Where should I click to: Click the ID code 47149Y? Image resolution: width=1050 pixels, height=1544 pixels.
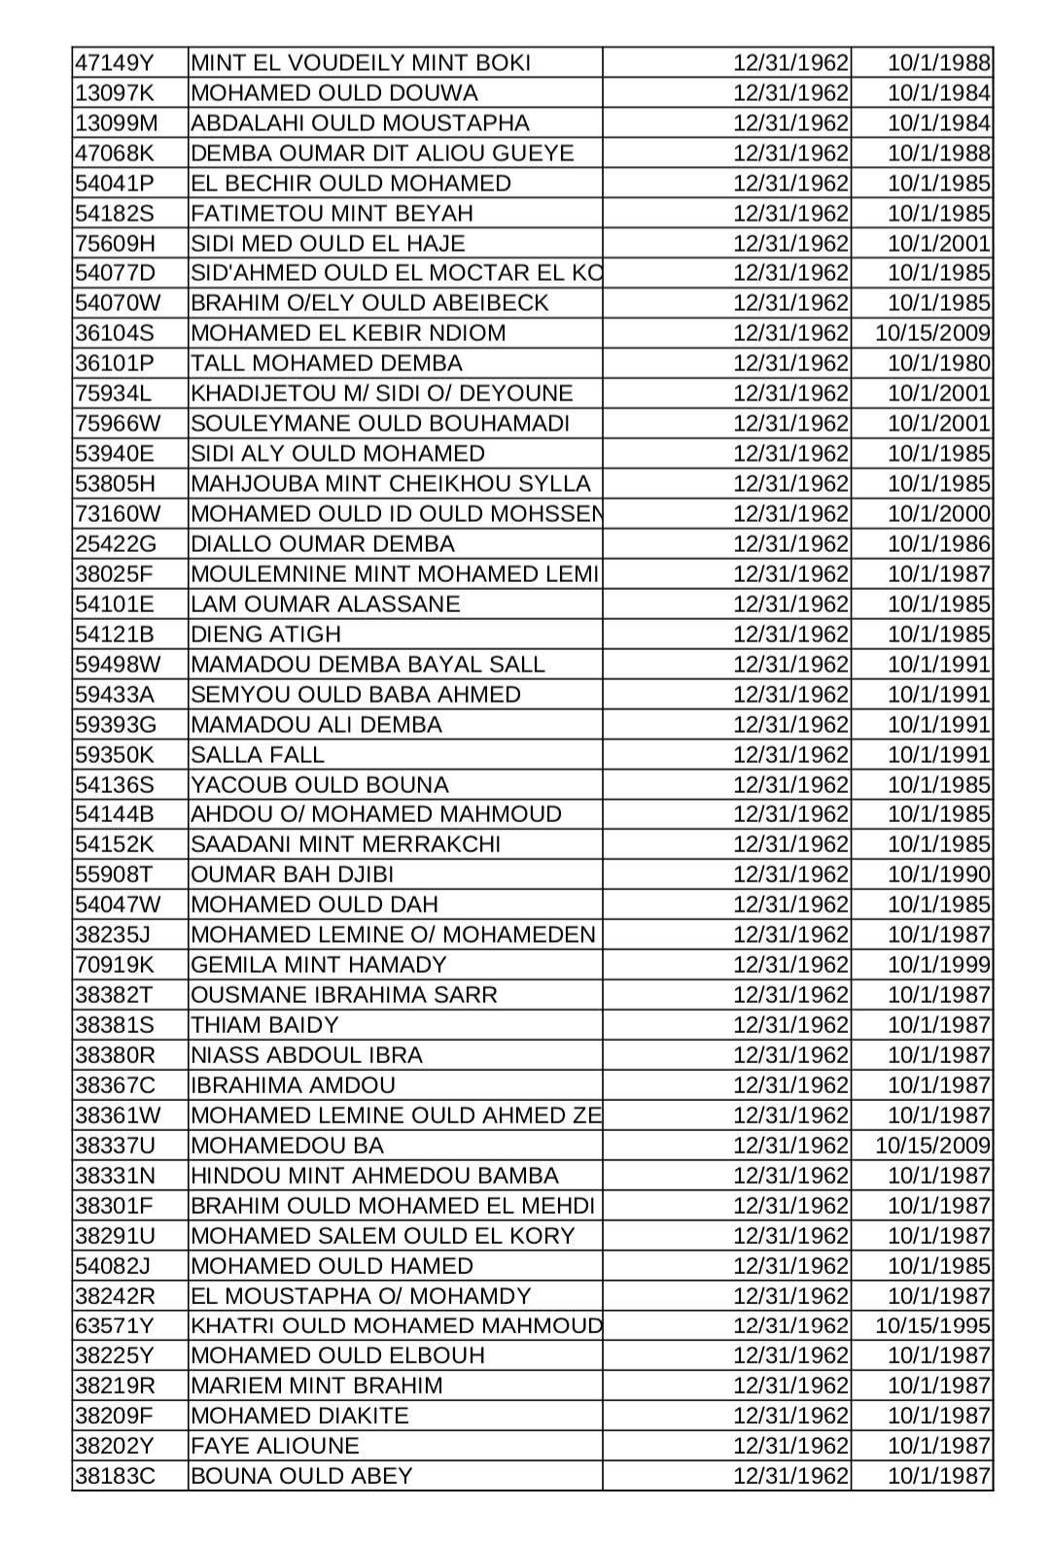click(115, 63)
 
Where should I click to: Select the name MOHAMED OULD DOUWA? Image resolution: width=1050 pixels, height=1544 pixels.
click(334, 93)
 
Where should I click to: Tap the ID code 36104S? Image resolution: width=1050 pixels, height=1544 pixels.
click(115, 333)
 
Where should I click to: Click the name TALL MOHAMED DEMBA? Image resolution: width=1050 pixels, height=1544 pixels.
click(327, 363)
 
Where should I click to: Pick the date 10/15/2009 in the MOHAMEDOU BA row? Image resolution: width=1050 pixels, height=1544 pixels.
click(932, 1146)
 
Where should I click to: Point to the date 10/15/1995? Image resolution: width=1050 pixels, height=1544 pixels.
click(932, 1326)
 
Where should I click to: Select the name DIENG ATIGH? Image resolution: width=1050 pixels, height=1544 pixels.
click(266, 635)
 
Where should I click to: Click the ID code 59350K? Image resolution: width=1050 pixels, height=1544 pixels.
click(115, 755)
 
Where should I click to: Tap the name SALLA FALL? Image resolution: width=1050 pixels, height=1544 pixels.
click(258, 755)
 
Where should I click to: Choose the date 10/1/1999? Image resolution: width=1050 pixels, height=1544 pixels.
click(938, 965)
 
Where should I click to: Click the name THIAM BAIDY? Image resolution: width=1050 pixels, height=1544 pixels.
click(264, 1025)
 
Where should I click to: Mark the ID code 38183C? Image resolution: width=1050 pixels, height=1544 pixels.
click(115, 1476)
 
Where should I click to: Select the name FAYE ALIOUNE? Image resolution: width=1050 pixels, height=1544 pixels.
click(275, 1446)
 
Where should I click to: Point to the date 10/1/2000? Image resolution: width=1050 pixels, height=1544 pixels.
click(938, 514)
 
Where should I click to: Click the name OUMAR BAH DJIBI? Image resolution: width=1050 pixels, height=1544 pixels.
click(293, 875)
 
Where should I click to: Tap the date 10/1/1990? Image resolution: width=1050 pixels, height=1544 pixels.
click(938, 875)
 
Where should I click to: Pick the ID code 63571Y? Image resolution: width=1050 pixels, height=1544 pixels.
click(115, 1326)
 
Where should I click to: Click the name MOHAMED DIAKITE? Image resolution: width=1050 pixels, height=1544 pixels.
click(299, 1416)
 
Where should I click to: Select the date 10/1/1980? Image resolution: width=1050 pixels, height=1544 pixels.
click(938, 363)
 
